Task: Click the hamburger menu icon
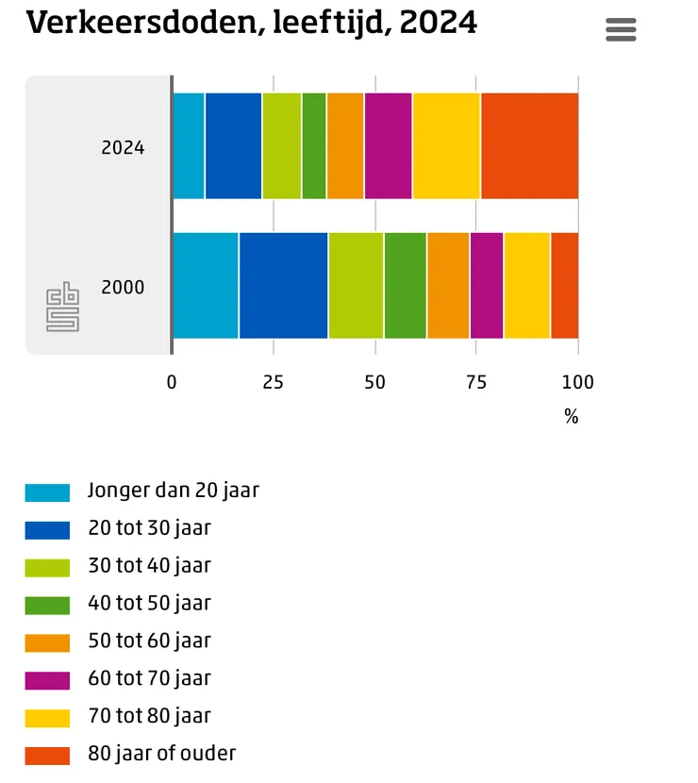(621, 29)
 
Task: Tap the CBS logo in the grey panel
(62, 307)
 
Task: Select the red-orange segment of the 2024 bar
(530, 146)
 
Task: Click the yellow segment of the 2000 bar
(527, 286)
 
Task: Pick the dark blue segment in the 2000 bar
(284, 286)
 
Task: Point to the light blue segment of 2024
(189, 146)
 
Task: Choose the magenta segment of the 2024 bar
(389, 146)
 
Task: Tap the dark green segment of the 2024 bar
(314, 146)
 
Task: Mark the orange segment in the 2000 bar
(448, 286)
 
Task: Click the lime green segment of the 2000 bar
(356, 286)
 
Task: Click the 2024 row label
(123, 148)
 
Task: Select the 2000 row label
(123, 287)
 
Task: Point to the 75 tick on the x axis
(476, 382)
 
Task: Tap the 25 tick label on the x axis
(274, 382)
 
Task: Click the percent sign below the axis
(572, 416)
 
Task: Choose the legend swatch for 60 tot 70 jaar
(47, 680)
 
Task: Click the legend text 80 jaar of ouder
(162, 754)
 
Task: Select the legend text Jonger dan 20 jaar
(174, 491)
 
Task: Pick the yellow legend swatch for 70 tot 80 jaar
(47, 718)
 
